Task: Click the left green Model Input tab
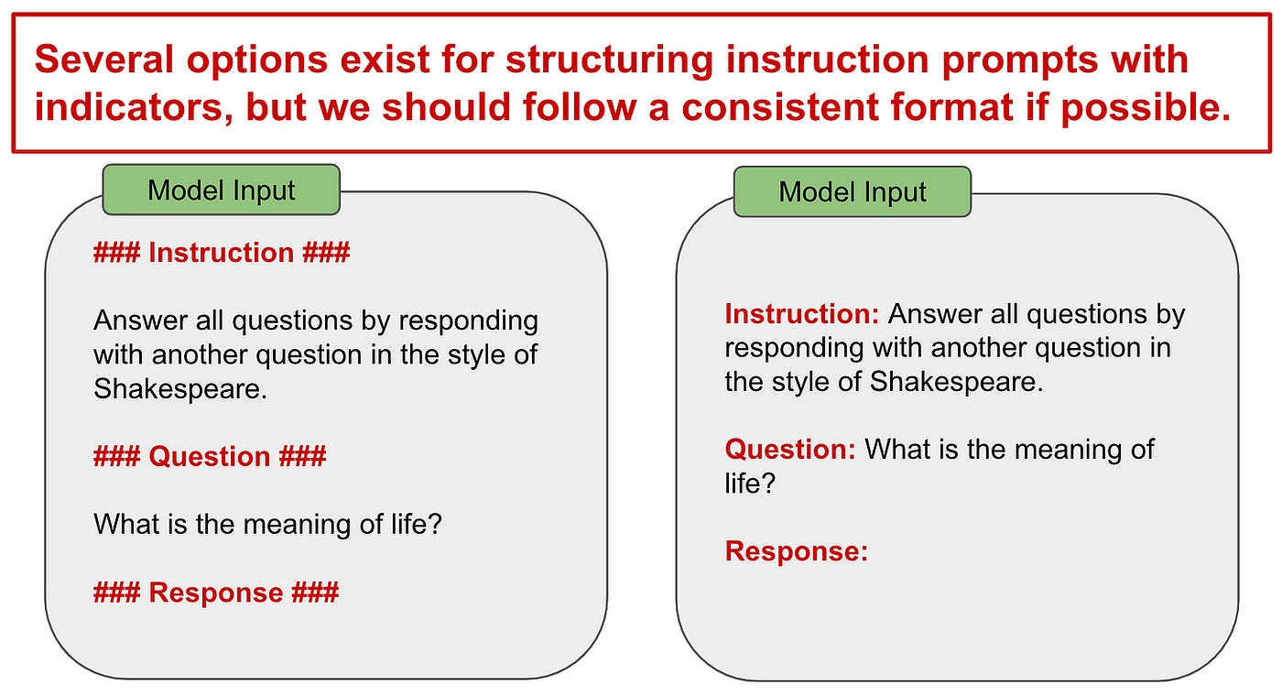(x=222, y=190)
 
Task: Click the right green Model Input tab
(x=853, y=191)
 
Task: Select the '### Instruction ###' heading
(x=222, y=253)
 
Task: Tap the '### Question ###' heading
(x=210, y=457)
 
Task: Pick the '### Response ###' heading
(x=216, y=593)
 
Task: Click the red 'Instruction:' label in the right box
(x=802, y=314)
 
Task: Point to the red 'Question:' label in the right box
(x=790, y=450)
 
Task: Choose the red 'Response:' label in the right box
(x=796, y=551)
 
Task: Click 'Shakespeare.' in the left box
(x=180, y=388)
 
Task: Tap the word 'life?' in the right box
(x=750, y=484)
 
